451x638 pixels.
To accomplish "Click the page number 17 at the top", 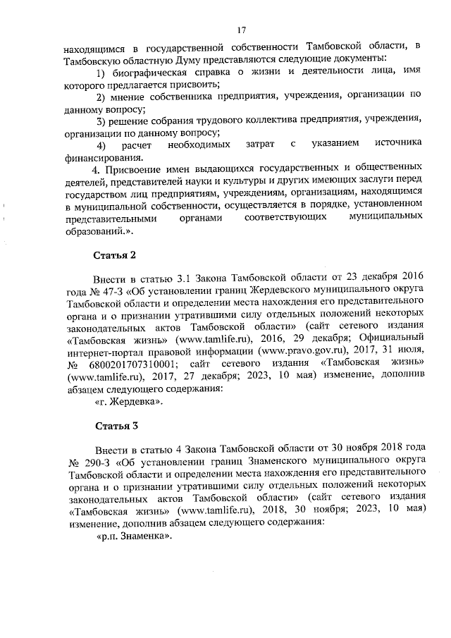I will [240, 30].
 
